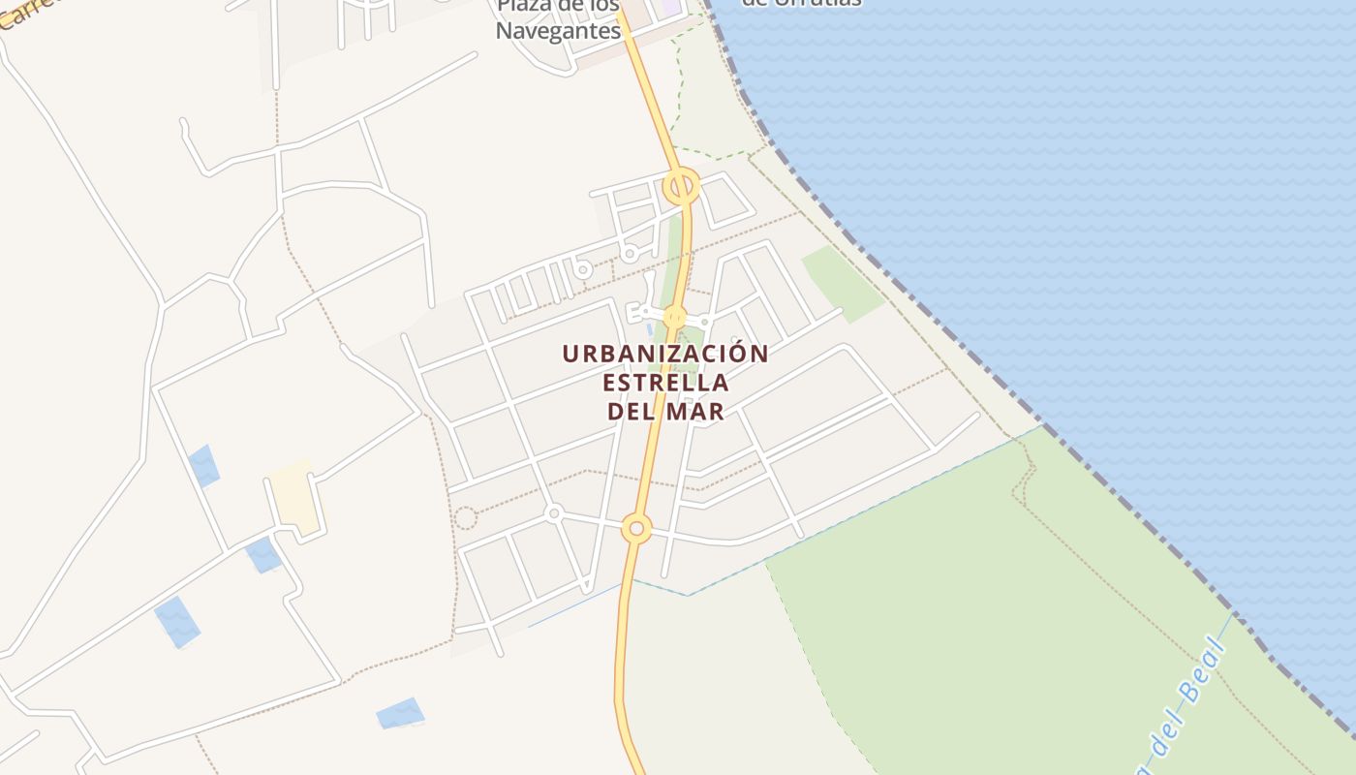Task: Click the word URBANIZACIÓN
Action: [665, 354]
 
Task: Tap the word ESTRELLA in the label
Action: [665, 383]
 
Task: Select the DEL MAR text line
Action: [665, 412]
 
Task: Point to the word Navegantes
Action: [558, 31]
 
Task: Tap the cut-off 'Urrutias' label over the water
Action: [802, 3]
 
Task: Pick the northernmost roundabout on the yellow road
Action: [681, 185]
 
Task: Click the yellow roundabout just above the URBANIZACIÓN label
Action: [675, 317]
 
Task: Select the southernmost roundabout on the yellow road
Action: [636, 528]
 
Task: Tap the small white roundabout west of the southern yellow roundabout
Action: [554, 512]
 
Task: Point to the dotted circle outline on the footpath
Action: [466, 518]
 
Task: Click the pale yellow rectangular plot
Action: [294, 497]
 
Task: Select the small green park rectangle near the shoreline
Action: [843, 281]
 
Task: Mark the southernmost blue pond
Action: [400, 713]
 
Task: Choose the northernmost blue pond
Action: [204, 466]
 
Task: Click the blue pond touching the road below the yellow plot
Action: [263, 555]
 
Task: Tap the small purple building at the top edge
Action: [670, 8]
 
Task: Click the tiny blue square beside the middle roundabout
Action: [649, 329]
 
